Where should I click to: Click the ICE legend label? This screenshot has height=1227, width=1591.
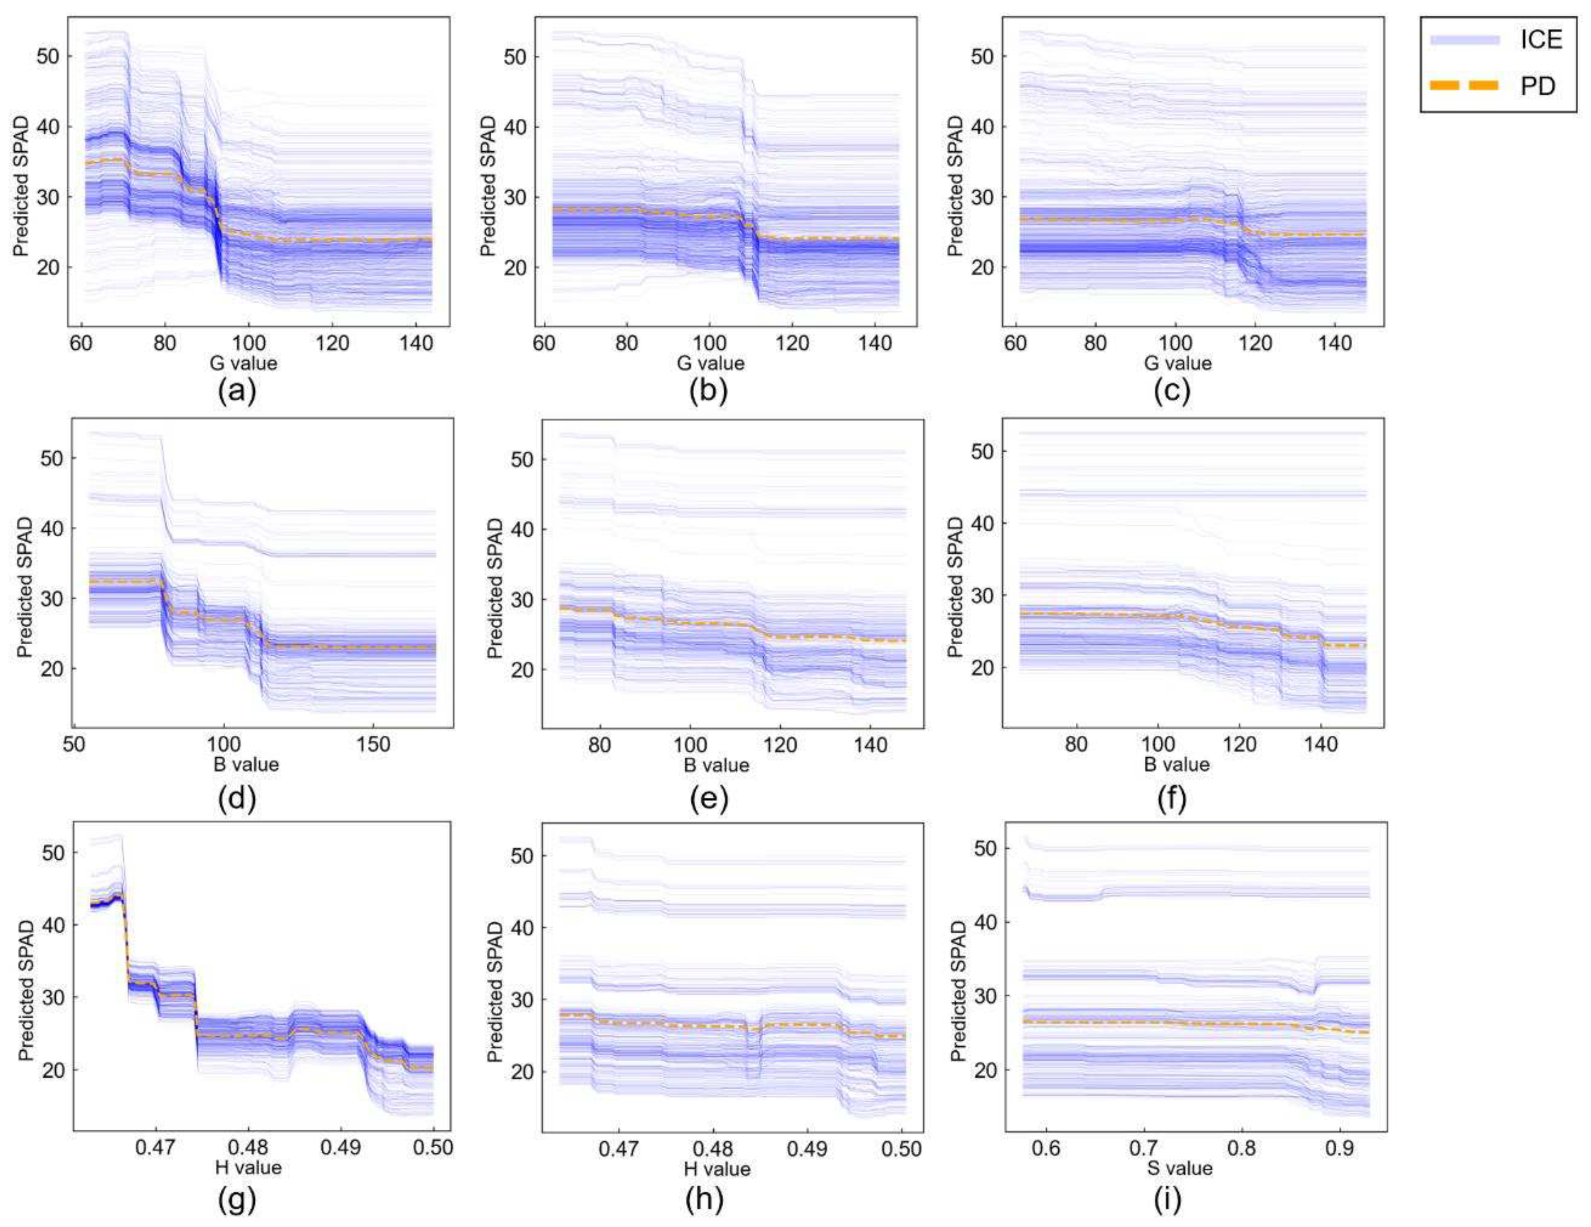click(1541, 39)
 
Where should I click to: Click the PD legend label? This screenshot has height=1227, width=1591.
click(1537, 86)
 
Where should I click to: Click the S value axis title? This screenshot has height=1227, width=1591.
click(1179, 1169)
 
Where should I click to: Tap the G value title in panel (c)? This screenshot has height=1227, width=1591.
click(1178, 363)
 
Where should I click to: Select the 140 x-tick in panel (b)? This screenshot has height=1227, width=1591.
click(875, 343)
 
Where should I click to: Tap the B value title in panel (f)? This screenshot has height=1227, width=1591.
click(1177, 764)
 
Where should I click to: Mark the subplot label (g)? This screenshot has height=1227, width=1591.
click(237, 1200)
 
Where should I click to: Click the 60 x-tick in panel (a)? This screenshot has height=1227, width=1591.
click(81, 343)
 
